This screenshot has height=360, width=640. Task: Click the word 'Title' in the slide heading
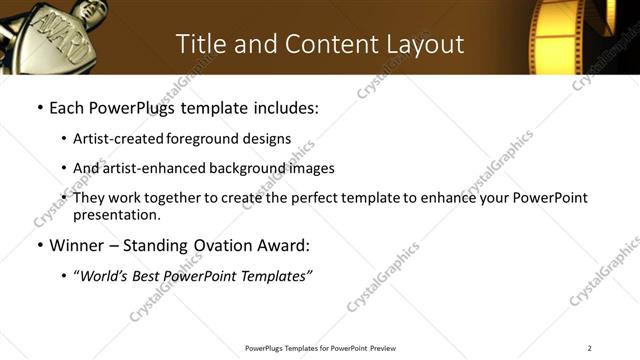201,44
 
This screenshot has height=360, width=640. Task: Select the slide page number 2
590,348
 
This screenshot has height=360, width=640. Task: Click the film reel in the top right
575,35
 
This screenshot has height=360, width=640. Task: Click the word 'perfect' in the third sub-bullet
312,198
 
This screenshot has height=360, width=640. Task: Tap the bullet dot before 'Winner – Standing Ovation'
39,245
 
